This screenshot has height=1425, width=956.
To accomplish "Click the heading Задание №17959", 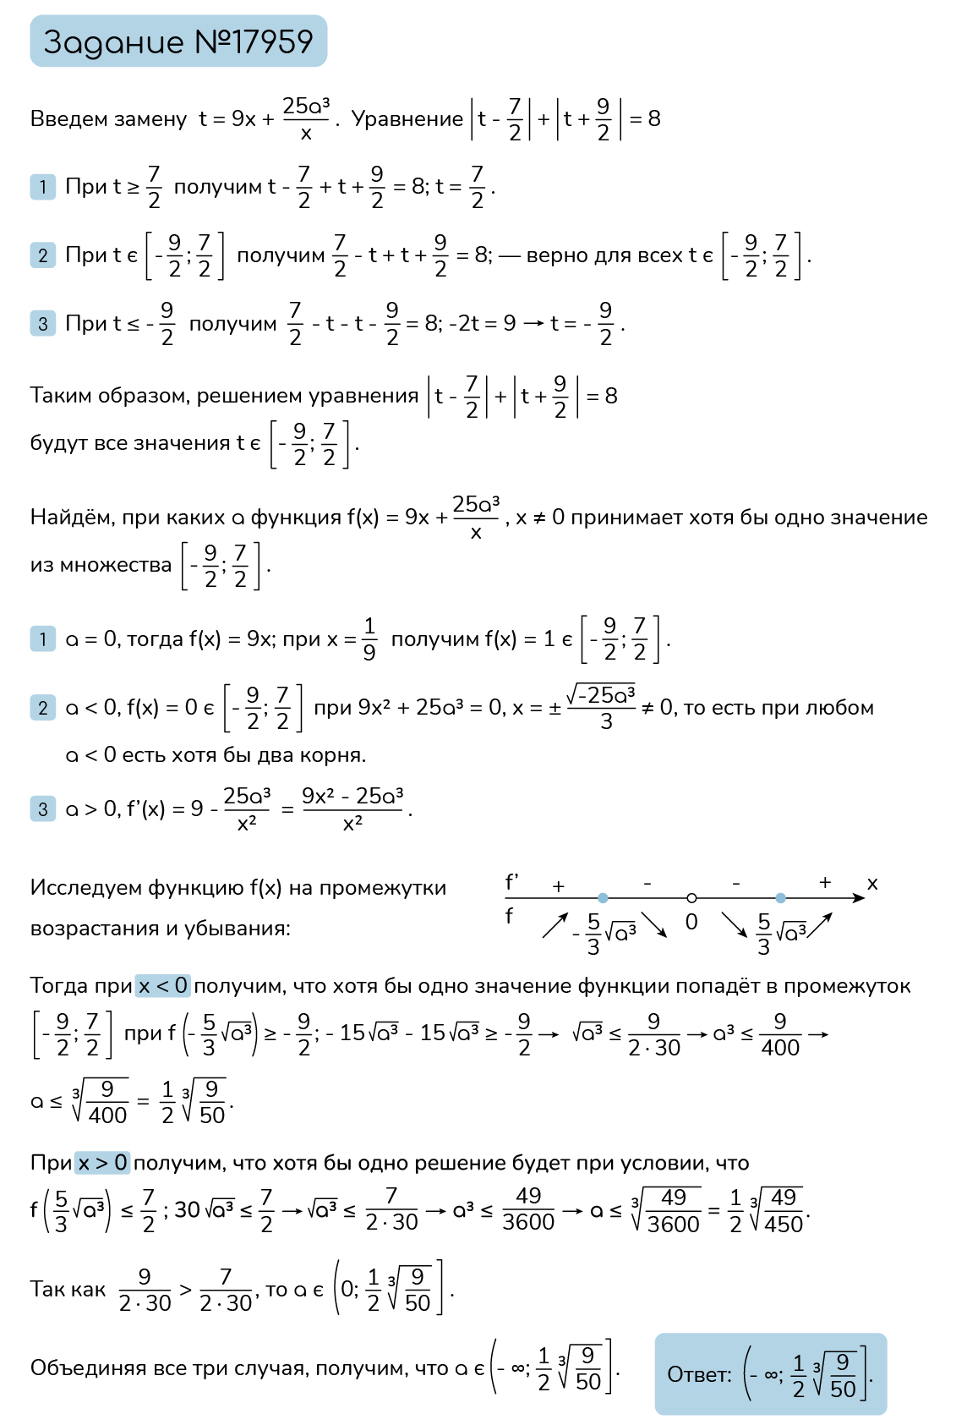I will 178,41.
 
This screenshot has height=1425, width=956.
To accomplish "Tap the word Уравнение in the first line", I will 407,119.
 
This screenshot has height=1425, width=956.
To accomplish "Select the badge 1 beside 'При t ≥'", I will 43,186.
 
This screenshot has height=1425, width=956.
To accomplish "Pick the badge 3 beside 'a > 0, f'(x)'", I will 43,809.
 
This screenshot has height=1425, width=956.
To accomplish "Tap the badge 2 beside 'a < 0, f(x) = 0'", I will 43,708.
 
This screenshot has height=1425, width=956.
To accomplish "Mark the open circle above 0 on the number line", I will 691,897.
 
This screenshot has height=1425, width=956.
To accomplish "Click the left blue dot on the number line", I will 603,897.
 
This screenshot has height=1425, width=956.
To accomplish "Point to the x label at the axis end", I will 872,884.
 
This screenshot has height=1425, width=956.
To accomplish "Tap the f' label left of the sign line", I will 511,883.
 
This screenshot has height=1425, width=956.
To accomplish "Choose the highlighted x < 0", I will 163,986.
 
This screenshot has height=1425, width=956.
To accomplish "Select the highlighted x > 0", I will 102,1163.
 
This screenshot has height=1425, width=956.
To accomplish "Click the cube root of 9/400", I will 101,1101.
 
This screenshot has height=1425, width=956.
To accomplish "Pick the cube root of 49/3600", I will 667,1210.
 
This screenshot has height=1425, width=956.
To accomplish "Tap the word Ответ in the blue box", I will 699,1375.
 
